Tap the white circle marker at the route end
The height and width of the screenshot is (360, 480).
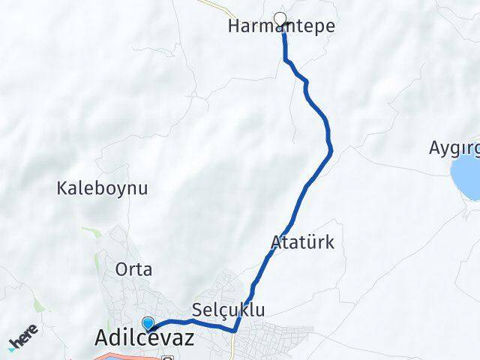(x=280, y=19)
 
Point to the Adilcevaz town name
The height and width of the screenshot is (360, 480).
(x=145, y=339)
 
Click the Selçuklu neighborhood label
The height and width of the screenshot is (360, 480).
(x=229, y=310)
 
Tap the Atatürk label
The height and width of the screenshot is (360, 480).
(x=302, y=243)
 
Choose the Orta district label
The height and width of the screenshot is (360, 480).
(x=134, y=269)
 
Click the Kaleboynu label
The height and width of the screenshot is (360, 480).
(x=102, y=187)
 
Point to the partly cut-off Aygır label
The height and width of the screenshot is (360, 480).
(x=454, y=147)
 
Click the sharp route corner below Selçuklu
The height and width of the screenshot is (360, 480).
(x=235, y=329)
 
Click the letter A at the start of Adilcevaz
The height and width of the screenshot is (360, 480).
(x=103, y=339)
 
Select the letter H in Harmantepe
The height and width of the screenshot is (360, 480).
(x=232, y=26)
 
